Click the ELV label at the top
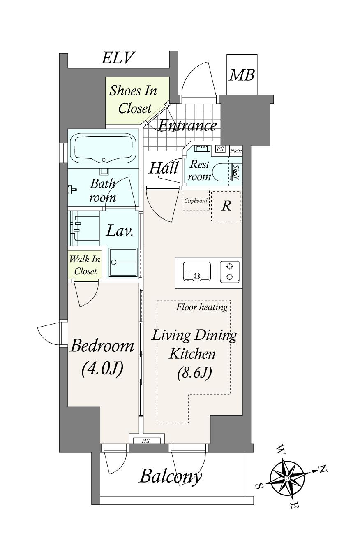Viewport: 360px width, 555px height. pos(118,58)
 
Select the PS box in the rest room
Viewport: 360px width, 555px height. pos(220,149)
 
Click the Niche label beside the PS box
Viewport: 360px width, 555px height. pos(236,151)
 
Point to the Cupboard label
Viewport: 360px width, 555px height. pos(196,200)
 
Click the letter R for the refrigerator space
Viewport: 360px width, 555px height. pos(226,205)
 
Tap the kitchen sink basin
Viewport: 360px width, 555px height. pos(197,272)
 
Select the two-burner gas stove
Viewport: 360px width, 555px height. pos(230,272)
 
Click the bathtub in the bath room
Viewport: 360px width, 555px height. pos(103,149)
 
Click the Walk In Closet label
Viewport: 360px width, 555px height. pos(85,265)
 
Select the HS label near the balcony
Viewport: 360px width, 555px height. pos(146,441)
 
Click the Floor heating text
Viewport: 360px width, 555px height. pos(202,307)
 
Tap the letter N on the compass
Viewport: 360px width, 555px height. pos(323,467)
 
